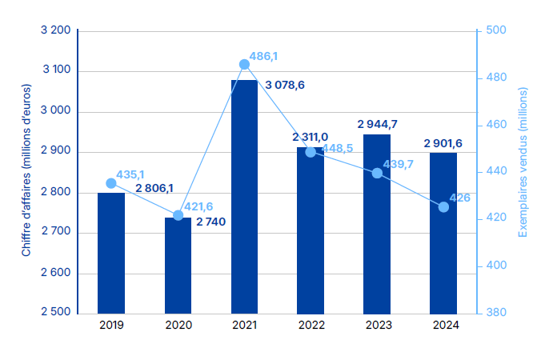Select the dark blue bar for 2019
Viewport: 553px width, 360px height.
point(111,252)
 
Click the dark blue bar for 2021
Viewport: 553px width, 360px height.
point(244,196)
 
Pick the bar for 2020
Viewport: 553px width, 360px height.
point(178,265)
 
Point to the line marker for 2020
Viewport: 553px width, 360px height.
point(178,215)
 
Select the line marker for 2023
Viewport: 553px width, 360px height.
point(377,173)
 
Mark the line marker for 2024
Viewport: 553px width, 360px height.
point(443,206)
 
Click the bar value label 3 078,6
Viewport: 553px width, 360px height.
point(285,84)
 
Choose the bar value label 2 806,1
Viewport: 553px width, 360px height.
point(155,189)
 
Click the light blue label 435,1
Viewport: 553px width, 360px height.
point(130,174)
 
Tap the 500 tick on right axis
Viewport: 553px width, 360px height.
point(496,30)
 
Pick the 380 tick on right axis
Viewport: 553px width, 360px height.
point(496,313)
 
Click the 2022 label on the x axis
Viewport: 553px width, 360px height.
point(311,325)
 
